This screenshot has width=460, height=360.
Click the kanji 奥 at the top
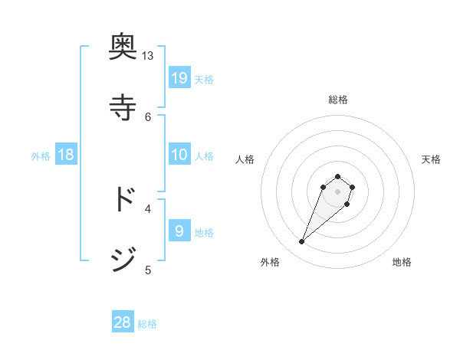click(123, 49)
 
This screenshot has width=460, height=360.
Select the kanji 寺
click(123, 106)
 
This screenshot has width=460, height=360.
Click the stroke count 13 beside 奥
click(148, 56)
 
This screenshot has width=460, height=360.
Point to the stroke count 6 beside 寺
click(148, 116)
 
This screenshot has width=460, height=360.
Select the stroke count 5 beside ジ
click(148, 270)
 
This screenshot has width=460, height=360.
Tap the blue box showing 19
click(179, 78)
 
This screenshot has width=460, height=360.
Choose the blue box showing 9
click(179, 231)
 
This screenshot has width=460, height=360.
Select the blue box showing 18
click(66, 155)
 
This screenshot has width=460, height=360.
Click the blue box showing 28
click(123, 322)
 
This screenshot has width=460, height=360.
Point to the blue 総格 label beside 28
click(147, 324)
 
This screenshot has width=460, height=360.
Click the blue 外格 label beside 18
click(41, 156)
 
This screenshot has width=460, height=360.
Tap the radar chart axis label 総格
click(338, 100)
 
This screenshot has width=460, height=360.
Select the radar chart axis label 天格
click(431, 159)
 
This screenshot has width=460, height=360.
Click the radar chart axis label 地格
click(402, 262)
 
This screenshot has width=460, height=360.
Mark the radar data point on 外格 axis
click(302, 242)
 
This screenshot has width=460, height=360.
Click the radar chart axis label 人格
click(245, 159)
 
